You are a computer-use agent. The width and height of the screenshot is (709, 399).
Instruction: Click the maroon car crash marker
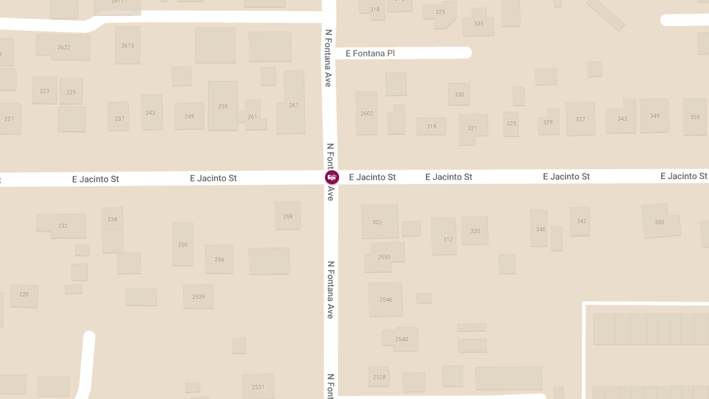[332, 177]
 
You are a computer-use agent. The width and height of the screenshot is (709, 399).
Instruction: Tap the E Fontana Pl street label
[370, 53]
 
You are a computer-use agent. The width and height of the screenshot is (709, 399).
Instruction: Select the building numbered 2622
[64, 47]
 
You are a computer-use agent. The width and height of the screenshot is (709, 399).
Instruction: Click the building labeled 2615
[128, 46]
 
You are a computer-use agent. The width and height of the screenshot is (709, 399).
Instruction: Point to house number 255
[223, 106]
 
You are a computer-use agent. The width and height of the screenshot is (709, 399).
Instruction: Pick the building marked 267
[294, 105]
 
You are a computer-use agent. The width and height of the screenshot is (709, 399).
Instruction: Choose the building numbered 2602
[366, 113]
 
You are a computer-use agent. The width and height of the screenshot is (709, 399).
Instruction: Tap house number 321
[472, 128]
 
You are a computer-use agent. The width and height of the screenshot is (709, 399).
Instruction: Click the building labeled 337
[580, 119]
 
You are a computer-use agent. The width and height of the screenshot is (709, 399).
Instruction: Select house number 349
[655, 116]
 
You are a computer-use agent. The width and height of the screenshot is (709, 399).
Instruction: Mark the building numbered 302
[378, 222]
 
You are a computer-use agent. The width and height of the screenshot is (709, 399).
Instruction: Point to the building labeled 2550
[384, 257]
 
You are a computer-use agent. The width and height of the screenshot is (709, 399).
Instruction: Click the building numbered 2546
[385, 300]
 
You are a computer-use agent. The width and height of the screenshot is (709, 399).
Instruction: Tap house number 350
[659, 222]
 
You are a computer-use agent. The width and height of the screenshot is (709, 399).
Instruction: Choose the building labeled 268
[288, 216]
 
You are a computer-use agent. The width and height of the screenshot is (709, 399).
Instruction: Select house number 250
[183, 245]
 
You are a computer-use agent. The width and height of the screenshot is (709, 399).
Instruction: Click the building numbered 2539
[199, 297]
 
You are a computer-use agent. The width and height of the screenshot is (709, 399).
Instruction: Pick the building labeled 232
[63, 226]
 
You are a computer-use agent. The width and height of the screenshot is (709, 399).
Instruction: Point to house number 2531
[258, 387]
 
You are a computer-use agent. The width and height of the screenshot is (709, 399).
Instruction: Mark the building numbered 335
[479, 24]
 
